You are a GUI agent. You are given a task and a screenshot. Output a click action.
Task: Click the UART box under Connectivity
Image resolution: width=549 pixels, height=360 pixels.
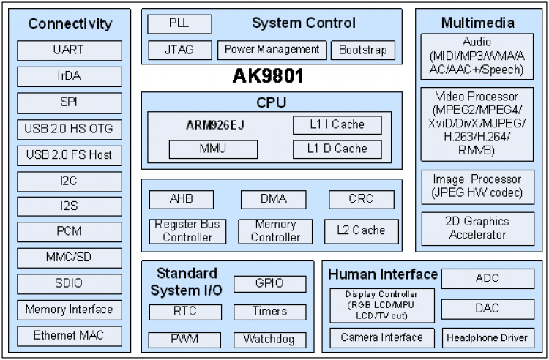coord(69,50)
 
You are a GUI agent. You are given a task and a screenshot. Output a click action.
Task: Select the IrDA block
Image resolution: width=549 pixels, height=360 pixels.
coord(69,76)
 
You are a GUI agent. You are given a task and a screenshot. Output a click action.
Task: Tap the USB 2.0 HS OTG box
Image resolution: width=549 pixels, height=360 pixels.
coord(69,129)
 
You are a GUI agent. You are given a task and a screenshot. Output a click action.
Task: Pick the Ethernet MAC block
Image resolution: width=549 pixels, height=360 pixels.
coord(69,336)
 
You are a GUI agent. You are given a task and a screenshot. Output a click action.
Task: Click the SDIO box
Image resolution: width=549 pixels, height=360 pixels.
coord(69,283)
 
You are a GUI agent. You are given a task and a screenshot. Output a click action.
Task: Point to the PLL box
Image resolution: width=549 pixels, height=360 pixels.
coord(179,23)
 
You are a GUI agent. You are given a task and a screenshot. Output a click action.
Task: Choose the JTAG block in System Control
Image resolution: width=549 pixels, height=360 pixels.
coord(179,50)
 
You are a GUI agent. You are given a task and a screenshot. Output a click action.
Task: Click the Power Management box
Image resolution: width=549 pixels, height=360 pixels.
coord(272,50)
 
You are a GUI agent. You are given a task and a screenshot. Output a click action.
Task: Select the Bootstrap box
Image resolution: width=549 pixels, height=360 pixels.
coord(363,50)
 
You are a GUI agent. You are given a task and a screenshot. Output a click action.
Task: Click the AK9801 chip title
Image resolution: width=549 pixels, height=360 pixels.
coord(267,76)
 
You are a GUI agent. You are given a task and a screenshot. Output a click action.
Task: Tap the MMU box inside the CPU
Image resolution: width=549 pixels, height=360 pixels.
coord(214,149)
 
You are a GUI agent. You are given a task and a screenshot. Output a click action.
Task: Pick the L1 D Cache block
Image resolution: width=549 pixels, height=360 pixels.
coord(337,149)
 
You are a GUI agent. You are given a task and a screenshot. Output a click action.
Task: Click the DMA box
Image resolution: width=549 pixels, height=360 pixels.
coord(273,199)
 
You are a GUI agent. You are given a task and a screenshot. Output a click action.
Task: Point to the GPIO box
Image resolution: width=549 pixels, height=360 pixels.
coord(269,283)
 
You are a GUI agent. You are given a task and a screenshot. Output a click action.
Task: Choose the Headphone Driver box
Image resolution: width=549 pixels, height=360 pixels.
coord(488,337)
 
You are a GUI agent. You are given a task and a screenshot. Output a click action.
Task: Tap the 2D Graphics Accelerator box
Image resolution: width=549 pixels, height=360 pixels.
coord(477,228)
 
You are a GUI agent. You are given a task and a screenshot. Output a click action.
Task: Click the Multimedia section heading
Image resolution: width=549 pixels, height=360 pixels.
coord(477,23)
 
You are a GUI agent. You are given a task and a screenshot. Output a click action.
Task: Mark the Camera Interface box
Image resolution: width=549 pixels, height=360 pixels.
coord(381,337)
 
